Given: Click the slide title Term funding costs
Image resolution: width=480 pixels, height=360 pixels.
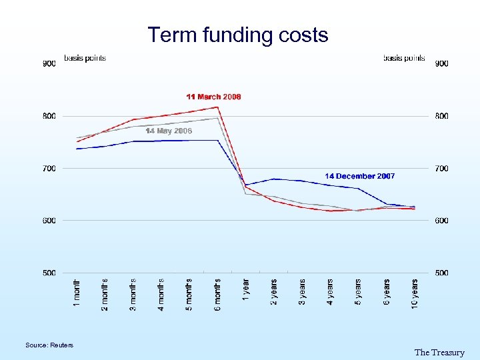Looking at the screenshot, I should click(x=238, y=35).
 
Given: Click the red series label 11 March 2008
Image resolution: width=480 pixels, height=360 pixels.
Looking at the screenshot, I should click(x=213, y=97).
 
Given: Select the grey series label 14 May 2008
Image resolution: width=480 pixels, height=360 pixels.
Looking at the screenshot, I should click(x=169, y=131).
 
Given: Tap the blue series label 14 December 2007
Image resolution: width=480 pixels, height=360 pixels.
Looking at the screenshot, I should click(x=359, y=176).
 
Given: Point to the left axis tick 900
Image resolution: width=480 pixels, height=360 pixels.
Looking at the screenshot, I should click(x=49, y=64).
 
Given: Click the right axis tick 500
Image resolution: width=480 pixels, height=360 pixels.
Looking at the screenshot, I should click(x=441, y=273).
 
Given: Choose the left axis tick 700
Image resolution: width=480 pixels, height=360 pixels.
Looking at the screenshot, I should click(x=49, y=169).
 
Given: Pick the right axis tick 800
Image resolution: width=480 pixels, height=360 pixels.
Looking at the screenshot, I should click(x=441, y=116).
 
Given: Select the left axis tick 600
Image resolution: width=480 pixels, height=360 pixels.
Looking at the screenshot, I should click(x=49, y=221).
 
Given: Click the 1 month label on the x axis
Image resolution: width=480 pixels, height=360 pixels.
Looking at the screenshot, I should click(x=77, y=293).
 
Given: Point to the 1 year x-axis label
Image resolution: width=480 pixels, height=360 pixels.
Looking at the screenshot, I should click(x=246, y=291).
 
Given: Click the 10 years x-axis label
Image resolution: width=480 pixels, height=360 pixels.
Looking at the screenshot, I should click(x=415, y=293).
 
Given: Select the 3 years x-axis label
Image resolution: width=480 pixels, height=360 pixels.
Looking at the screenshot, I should click(x=302, y=292).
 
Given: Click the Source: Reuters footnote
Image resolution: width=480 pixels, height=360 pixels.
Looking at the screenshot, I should click(x=49, y=345).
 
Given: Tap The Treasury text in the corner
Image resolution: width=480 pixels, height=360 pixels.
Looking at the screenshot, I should click(x=439, y=352).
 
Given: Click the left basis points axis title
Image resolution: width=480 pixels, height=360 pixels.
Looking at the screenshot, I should click(x=85, y=58).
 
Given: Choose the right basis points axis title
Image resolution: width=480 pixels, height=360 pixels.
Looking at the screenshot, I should click(x=404, y=58).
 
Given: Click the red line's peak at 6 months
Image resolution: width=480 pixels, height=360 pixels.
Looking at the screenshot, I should click(x=218, y=107).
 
